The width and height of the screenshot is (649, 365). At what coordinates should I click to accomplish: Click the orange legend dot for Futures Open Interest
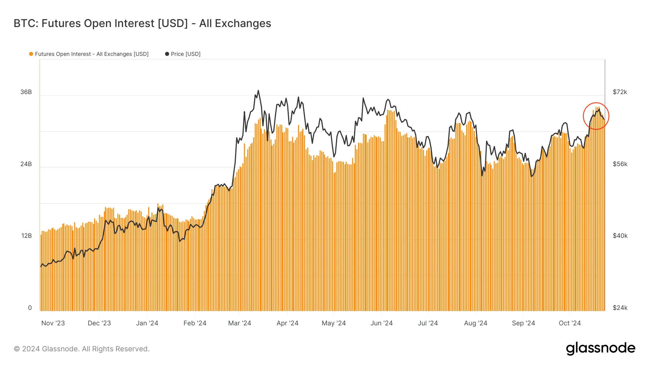point(31,54)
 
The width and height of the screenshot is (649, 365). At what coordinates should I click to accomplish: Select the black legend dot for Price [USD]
point(167,54)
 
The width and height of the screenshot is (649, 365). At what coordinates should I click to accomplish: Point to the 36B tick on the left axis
point(26,92)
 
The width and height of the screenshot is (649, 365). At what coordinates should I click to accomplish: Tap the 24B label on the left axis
point(26,164)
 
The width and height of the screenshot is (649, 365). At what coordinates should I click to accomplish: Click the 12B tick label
point(26,236)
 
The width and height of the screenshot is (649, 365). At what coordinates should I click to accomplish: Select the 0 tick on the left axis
point(30,308)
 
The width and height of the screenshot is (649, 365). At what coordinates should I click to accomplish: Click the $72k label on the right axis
point(620,92)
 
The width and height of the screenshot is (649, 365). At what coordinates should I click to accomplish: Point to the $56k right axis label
point(620,164)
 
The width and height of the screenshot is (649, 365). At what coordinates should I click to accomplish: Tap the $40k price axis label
point(620,236)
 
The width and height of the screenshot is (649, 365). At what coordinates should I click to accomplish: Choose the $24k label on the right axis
point(620,308)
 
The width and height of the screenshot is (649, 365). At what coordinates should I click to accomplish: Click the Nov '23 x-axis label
point(53,323)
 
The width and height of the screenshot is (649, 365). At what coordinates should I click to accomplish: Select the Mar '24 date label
point(239,323)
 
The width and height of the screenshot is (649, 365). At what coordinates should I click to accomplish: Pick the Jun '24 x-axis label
point(381,323)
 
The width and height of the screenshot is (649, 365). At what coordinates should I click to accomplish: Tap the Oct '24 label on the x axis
point(570,323)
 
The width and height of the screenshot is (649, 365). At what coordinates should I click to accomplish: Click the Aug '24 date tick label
point(476,323)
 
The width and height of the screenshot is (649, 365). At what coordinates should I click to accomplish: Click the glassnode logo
point(601,348)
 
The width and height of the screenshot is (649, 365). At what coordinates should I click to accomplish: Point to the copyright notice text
point(81,349)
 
